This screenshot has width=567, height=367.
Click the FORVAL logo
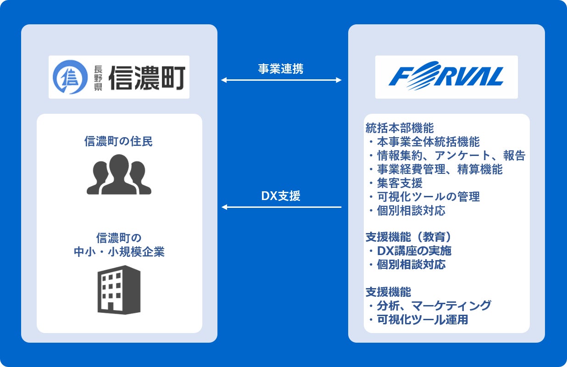[446, 77]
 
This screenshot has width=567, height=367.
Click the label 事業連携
[280, 69]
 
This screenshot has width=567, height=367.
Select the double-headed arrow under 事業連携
[281, 80]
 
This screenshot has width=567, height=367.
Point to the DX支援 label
[281, 196]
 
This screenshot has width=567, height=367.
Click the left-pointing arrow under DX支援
[281, 207]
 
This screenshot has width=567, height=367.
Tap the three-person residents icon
[119, 174]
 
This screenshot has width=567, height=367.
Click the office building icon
[119, 289]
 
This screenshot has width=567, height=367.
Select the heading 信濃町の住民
[119, 141]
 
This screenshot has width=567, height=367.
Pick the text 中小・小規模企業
[119, 252]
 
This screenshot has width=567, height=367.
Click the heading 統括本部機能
[400, 128]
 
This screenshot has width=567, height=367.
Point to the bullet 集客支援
[399, 183]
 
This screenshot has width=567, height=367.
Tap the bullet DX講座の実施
[414, 251]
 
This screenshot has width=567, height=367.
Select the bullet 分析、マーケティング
[434, 305]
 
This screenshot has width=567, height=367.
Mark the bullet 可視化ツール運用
[422, 319]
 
